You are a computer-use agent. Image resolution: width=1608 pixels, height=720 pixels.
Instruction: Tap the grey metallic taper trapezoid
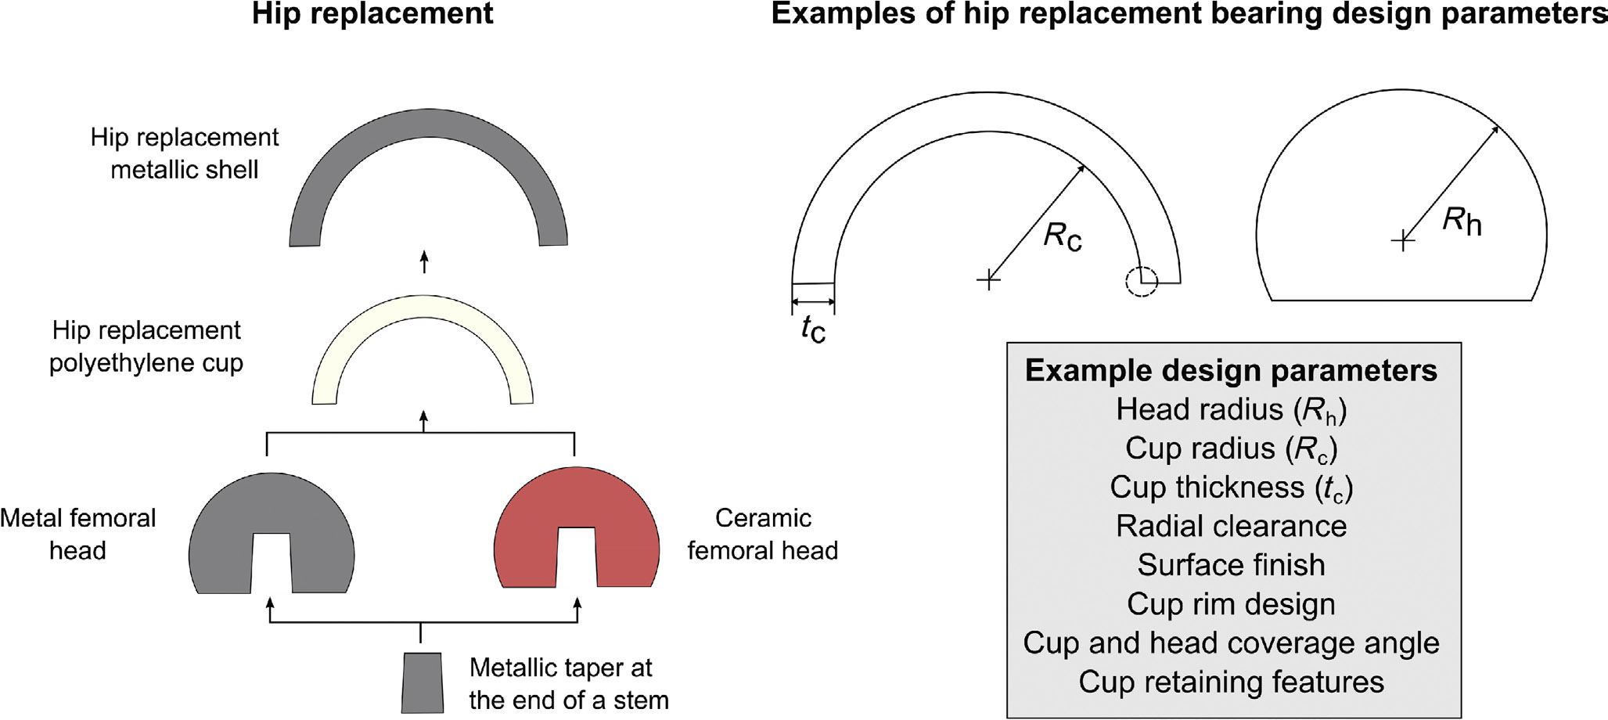pyautogui.click(x=423, y=682)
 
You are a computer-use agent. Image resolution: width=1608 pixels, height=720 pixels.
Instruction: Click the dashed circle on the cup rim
pyautogui.click(x=1142, y=281)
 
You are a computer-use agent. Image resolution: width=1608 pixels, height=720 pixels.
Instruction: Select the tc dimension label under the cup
pyautogui.click(x=814, y=328)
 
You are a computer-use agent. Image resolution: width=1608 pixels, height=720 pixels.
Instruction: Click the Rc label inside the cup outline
pyautogui.click(x=1063, y=236)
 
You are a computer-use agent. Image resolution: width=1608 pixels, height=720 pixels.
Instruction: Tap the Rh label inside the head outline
pyautogui.click(x=1462, y=221)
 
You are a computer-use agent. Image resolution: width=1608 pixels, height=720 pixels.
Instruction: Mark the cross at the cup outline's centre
pyautogui.click(x=988, y=279)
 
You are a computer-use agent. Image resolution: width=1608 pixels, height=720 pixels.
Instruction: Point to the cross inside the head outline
pyautogui.click(x=1403, y=240)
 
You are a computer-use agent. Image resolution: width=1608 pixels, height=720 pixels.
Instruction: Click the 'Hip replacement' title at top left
pyautogui.click(x=372, y=14)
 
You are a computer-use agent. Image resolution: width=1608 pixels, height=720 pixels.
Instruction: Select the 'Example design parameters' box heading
pyautogui.click(x=1232, y=370)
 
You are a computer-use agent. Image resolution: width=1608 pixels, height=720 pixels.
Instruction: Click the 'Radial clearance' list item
pyautogui.click(x=1232, y=526)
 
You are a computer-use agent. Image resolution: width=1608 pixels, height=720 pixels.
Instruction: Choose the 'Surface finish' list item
pyautogui.click(x=1232, y=564)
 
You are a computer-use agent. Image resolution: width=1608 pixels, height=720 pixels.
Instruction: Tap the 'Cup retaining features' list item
pyautogui.click(x=1232, y=682)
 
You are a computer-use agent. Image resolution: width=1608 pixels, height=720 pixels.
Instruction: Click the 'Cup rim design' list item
pyautogui.click(x=1232, y=604)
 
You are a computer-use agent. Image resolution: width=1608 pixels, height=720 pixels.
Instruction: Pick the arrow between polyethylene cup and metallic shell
pyautogui.click(x=424, y=261)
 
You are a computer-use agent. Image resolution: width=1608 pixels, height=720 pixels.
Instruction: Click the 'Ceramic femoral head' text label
pyautogui.click(x=763, y=534)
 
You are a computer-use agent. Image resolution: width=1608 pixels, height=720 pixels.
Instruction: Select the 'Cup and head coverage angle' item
pyautogui.click(x=1232, y=643)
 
